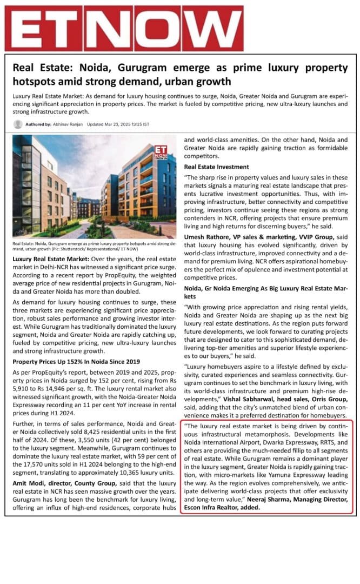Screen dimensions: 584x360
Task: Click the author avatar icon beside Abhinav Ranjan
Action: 18,124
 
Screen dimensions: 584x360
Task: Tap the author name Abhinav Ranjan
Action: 68,124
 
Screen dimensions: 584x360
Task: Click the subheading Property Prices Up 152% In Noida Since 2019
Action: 76,361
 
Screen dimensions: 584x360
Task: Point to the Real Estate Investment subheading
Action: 216,167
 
